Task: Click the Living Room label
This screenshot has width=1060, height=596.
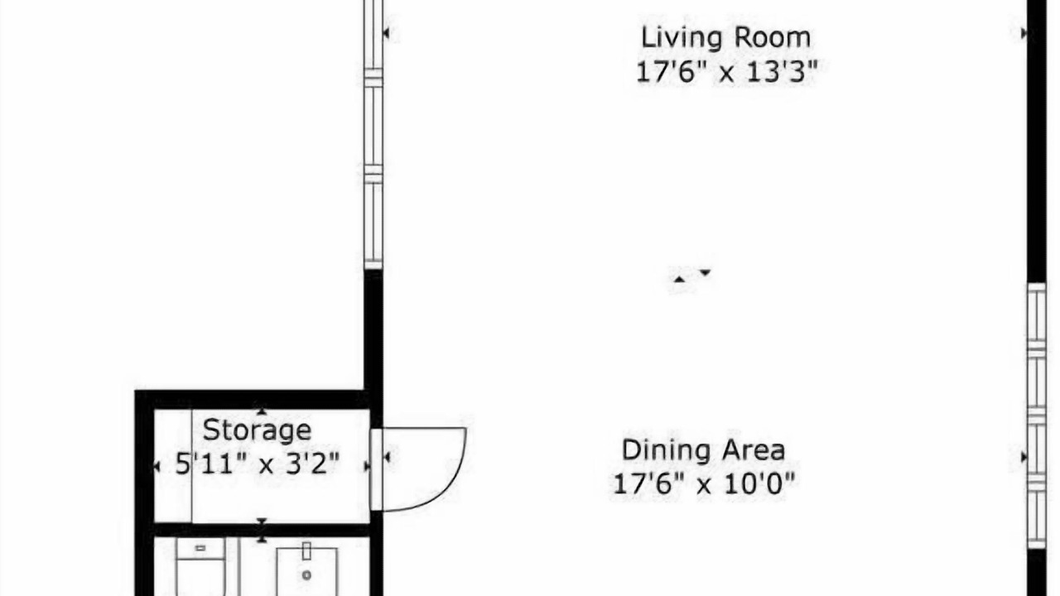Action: pos(725,37)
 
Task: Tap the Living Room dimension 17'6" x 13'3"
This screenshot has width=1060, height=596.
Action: pos(727,72)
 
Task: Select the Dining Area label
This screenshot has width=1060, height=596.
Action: pos(703,449)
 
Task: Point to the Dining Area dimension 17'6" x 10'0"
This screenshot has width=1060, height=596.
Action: pos(704,484)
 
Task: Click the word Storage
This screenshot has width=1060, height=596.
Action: pos(257,430)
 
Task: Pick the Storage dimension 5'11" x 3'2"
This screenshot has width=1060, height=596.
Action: pos(258,464)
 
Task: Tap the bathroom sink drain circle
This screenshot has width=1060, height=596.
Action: pos(306,575)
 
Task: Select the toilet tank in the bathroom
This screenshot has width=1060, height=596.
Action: pos(200,549)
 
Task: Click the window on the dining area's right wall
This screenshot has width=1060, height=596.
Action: pos(1036,416)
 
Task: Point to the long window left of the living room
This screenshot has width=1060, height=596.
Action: pos(373,134)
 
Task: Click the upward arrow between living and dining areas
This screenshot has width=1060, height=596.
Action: pos(679,279)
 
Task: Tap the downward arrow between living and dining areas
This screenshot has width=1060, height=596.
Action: pos(705,272)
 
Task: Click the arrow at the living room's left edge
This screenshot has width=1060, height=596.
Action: pos(386,33)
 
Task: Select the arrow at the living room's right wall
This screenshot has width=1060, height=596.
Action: pos(1024,33)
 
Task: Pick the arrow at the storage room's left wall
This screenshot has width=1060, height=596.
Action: pos(157,467)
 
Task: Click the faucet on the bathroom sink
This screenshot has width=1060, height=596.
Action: pos(306,551)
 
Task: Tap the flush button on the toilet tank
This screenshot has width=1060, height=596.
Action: pos(200,548)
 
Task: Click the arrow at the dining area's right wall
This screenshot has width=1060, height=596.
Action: pos(1024,457)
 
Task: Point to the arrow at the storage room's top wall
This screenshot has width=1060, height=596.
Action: pos(262,411)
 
